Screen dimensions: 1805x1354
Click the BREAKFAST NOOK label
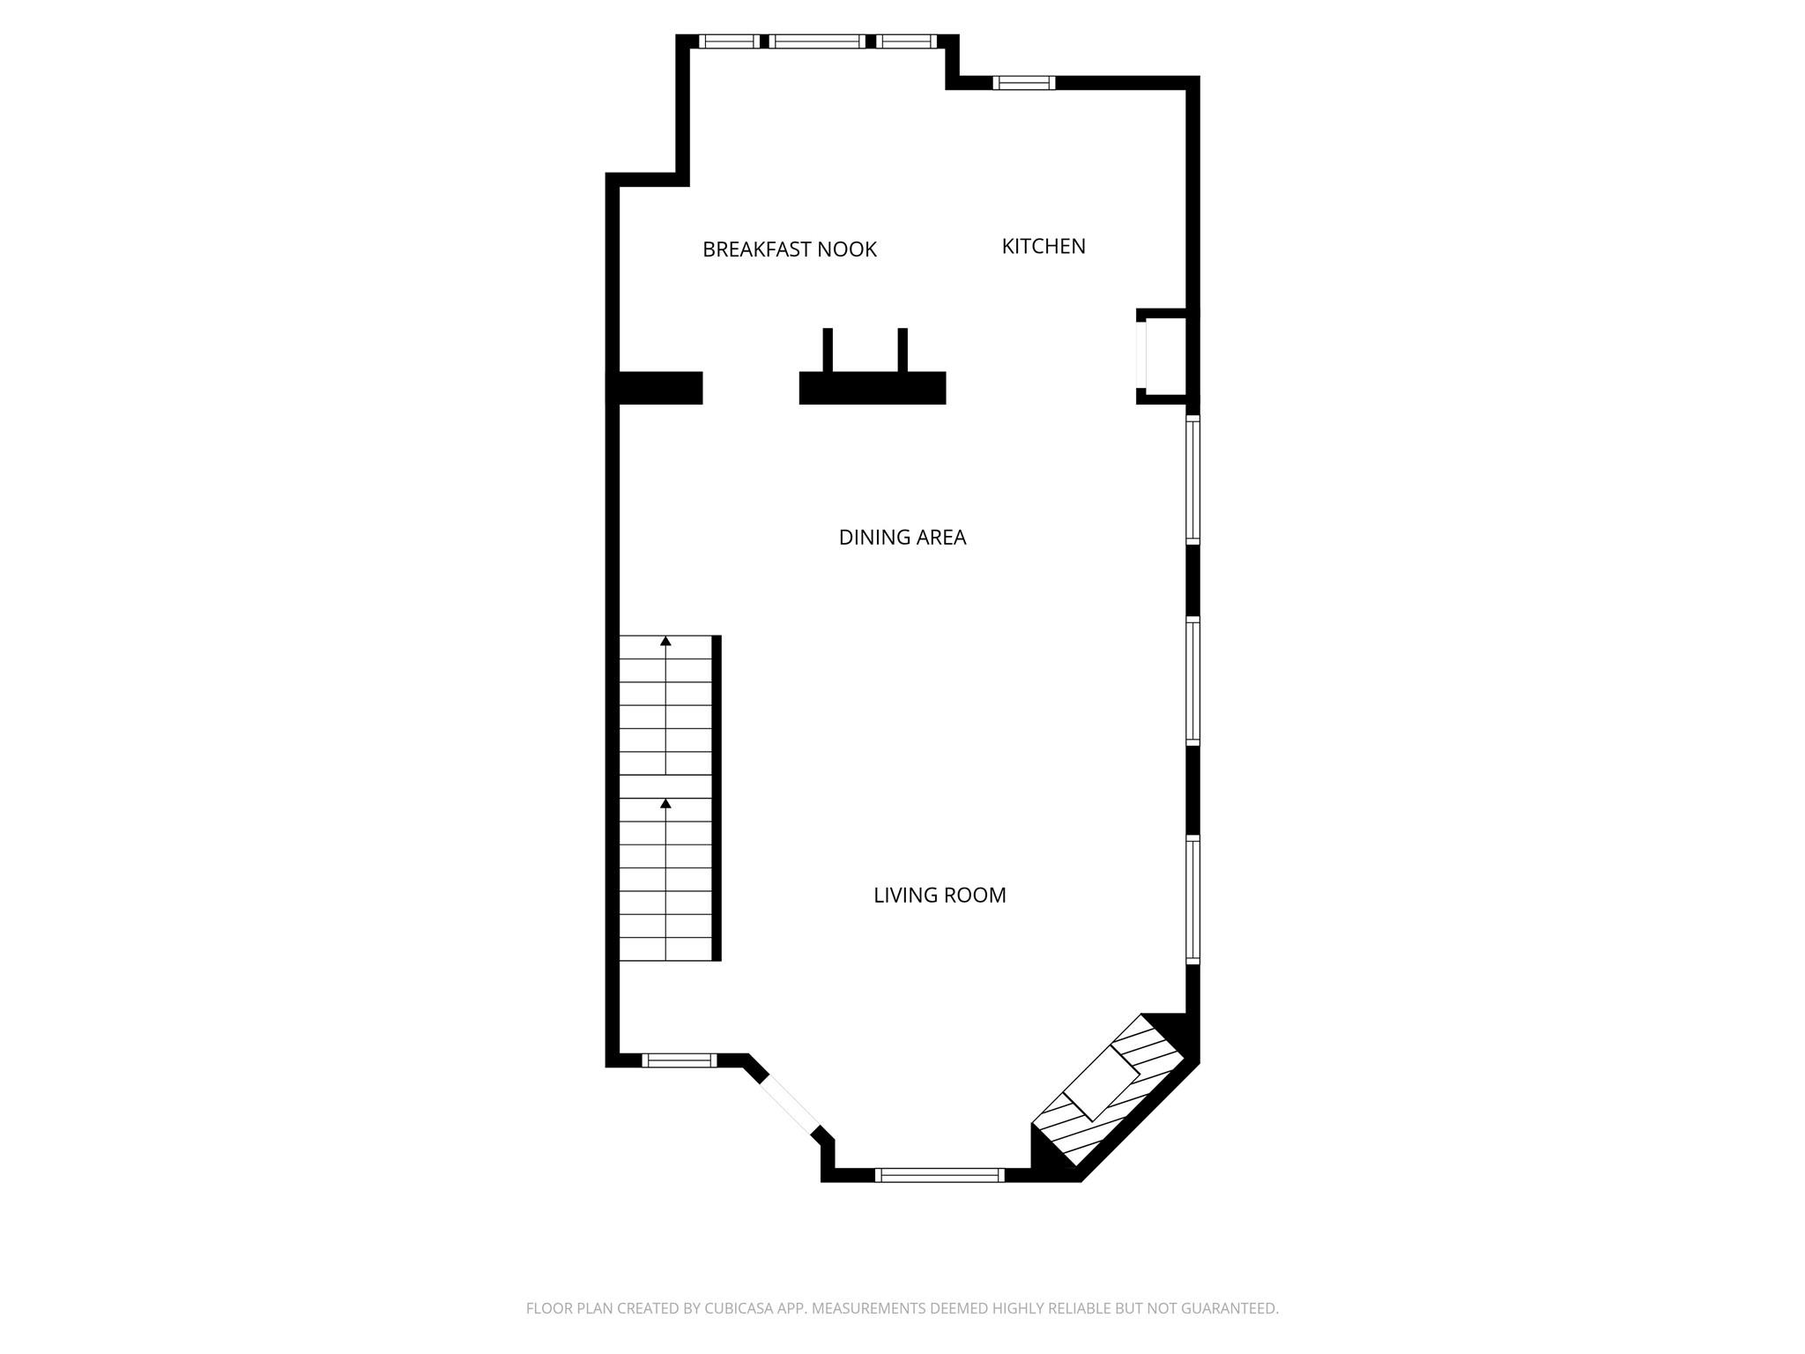[x=790, y=249]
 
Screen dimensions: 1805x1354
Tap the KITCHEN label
[x=1044, y=246]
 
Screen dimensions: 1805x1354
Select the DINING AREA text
[x=902, y=537]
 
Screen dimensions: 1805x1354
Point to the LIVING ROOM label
[x=940, y=895]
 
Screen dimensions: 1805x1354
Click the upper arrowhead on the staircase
[x=665, y=641]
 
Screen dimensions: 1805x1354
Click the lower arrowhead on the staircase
[x=665, y=803]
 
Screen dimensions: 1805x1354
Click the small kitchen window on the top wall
[x=1024, y=83]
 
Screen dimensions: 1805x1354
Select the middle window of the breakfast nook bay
[x=817, y=41]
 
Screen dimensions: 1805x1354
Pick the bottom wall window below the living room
[x=940, y=1174]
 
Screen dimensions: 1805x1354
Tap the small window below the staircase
[x=679, y=1060]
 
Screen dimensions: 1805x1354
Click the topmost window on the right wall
[x=1192, y=480]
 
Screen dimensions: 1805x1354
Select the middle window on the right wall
[x=1192, y=681]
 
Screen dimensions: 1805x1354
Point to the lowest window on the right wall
[x=1192, y=899]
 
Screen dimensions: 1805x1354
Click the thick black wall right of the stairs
[x=717, y=798]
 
